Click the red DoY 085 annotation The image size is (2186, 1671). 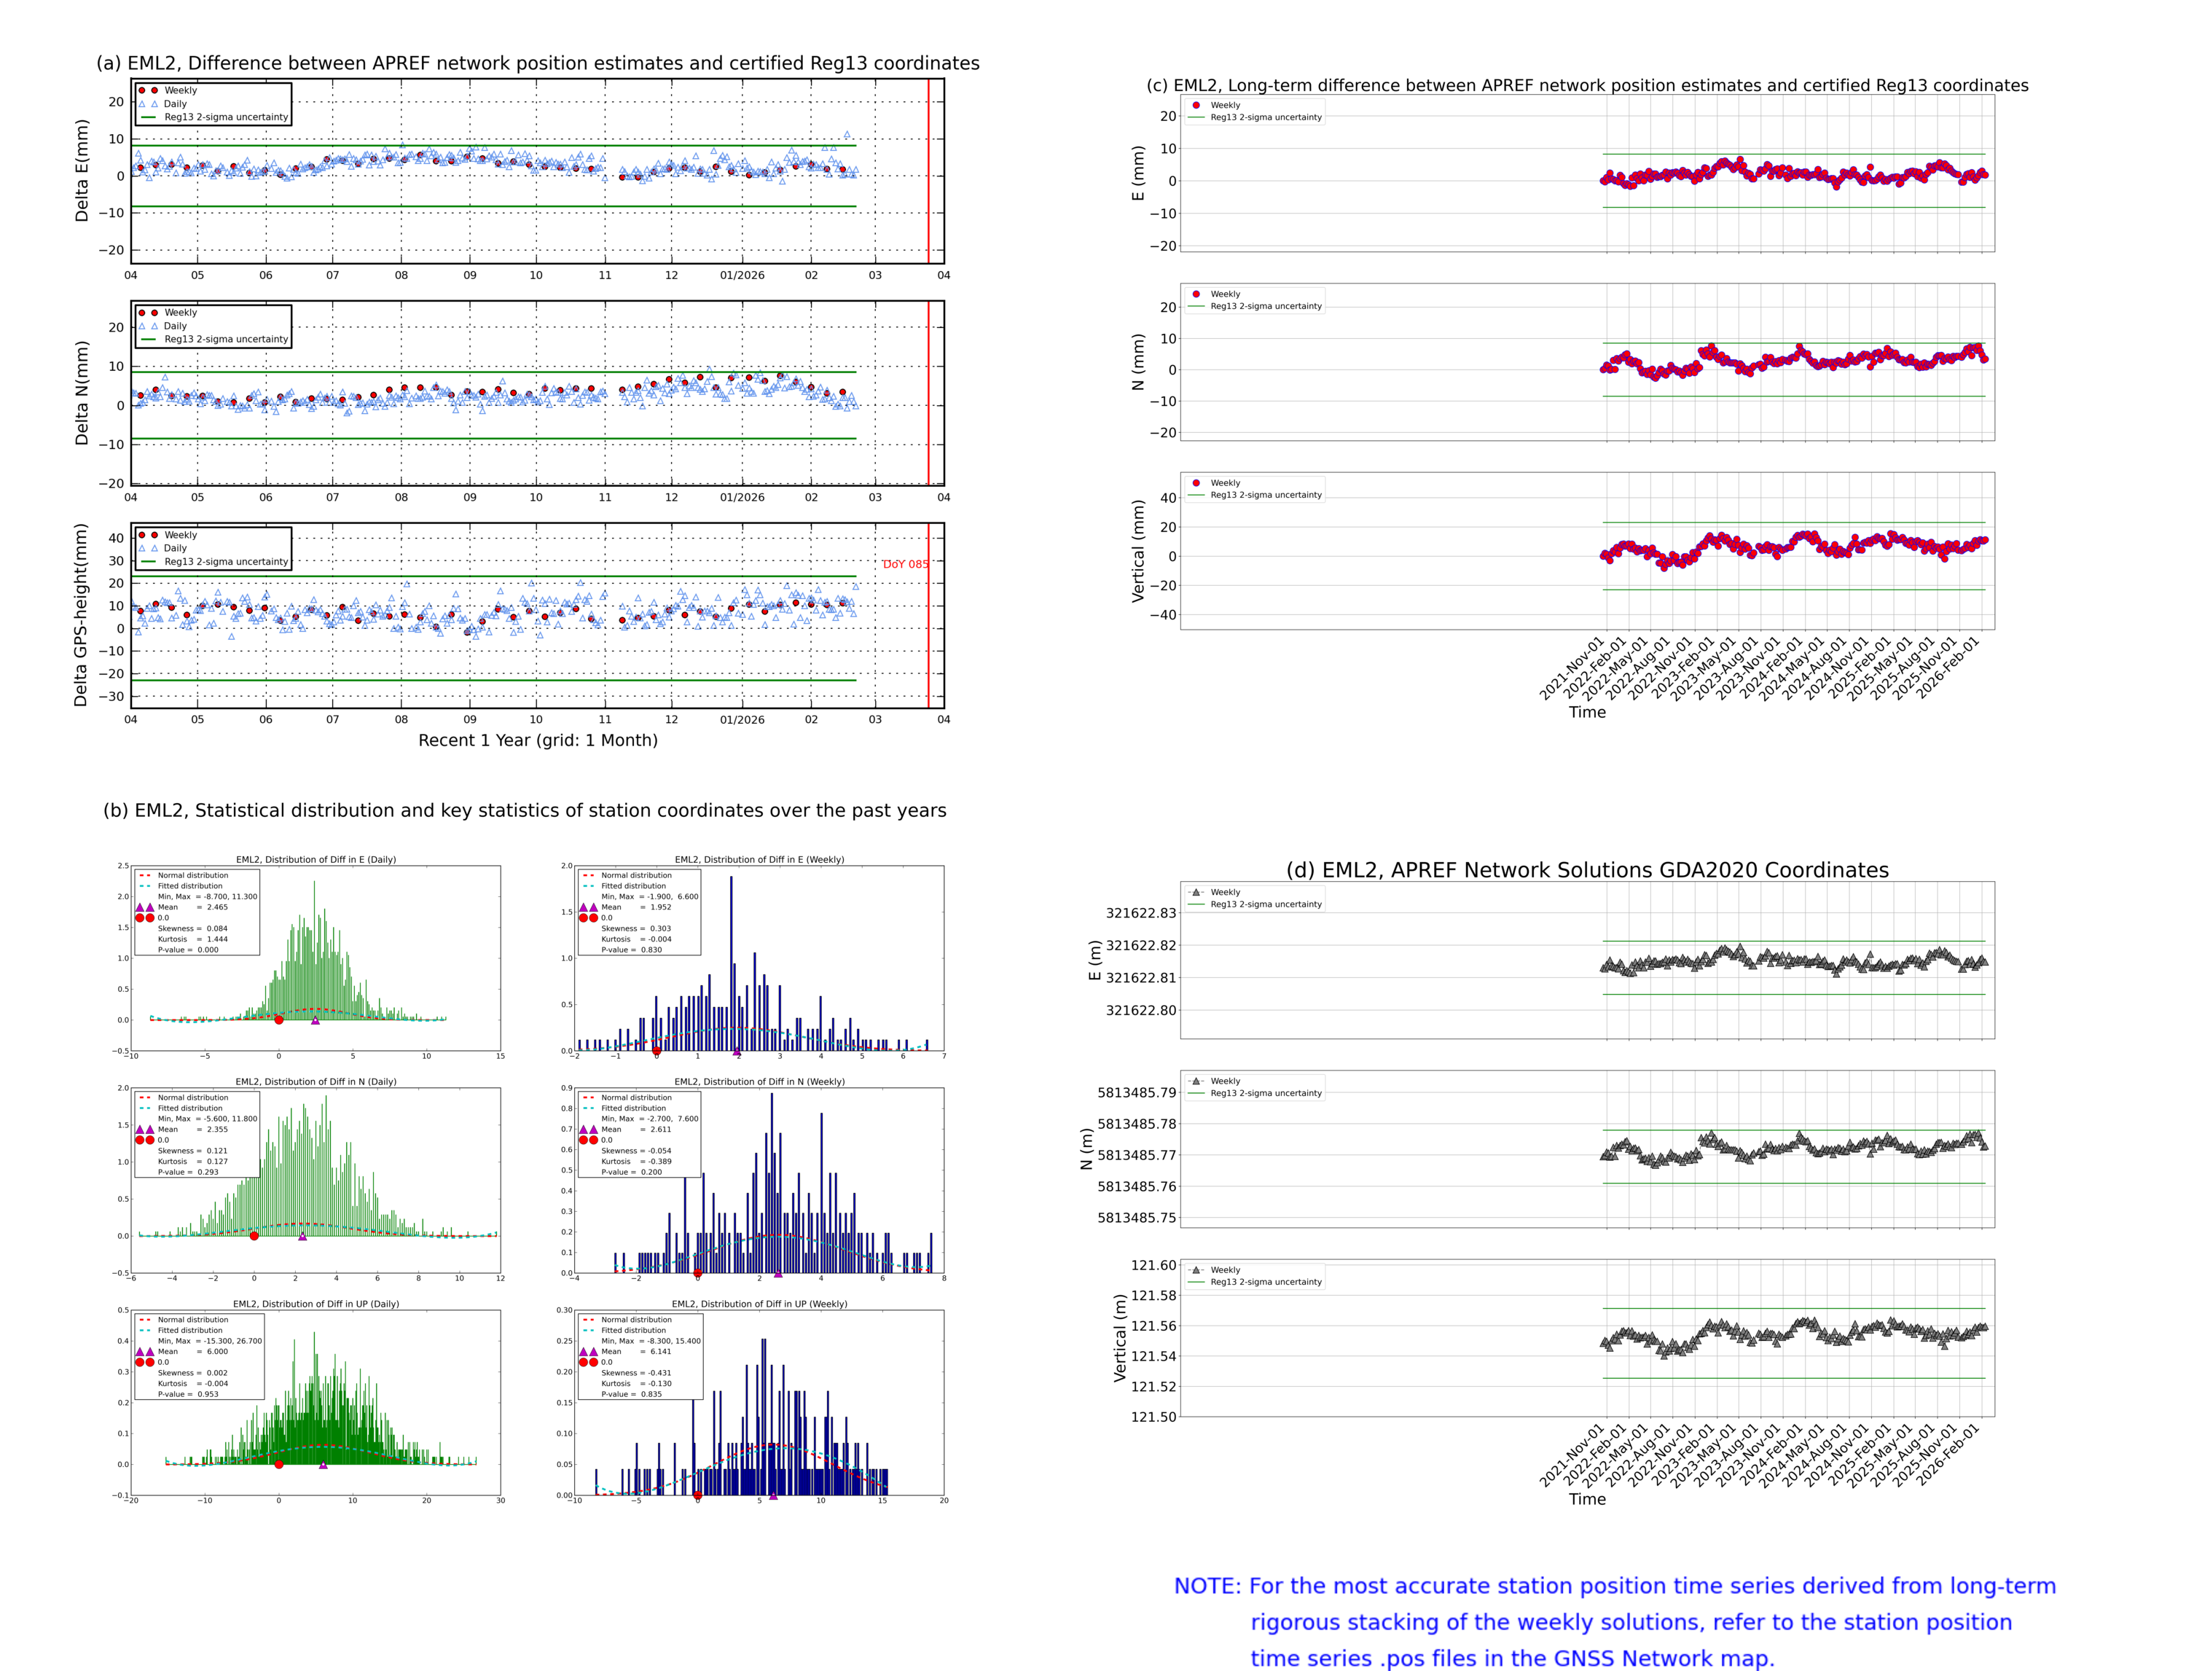click(x=905, y=564)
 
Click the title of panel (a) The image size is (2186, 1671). click(x=537, y=63)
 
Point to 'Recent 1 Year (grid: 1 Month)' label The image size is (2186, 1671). click(x=537, y=740)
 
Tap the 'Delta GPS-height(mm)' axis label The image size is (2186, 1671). click(x=81, y=614)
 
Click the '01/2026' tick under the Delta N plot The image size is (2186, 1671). click(x=742, y=497)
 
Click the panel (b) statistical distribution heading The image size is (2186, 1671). click(x=524, y=810)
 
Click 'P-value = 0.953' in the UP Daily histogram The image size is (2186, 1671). click(x=188, y=1393)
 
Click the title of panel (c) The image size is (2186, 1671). click(x=1586, y=85)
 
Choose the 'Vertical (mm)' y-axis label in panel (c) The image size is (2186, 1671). click(x=1137, y=551)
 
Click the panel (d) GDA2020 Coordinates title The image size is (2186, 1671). click(x=1586, y=870)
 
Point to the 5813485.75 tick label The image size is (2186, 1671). click(x=1136, y=1218)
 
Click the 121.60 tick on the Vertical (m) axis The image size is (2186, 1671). click(x=1153, y=1265)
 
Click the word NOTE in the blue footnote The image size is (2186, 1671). click(x=1207, y=1586)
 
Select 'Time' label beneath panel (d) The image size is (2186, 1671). click(x=1586, y=1499)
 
